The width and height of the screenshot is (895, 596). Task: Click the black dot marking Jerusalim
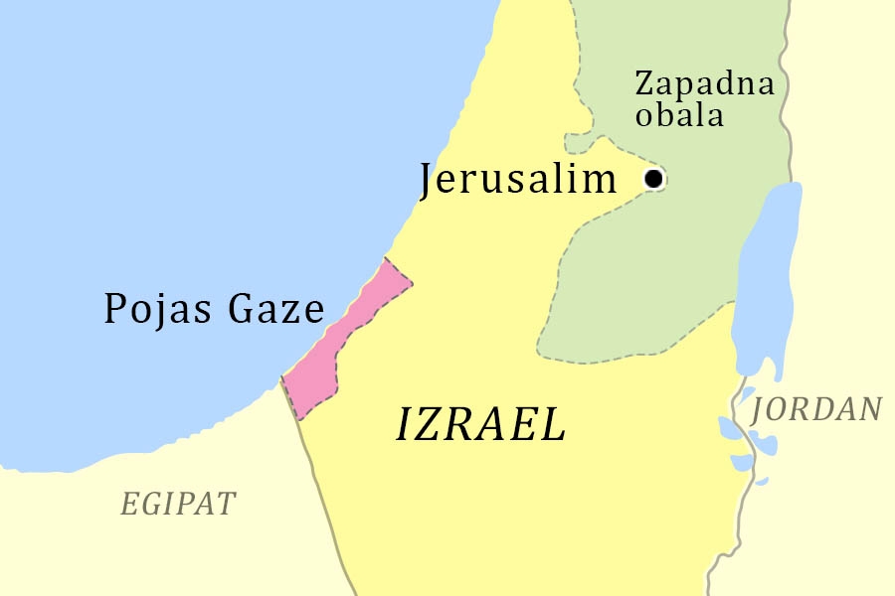tap(653, 179)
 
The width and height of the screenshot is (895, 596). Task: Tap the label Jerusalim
tap(518, 180)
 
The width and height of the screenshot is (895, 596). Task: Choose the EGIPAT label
tap(178, 504)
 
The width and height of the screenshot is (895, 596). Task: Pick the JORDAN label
tap(816, 409)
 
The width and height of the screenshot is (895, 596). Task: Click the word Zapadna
tap(704, 82)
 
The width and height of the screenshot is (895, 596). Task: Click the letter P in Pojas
tap(115, 309)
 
